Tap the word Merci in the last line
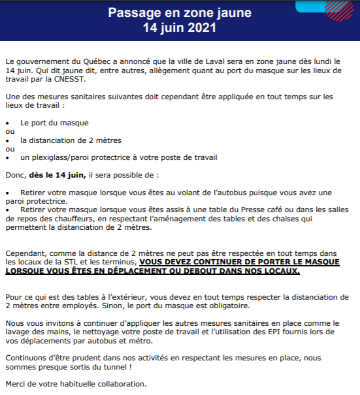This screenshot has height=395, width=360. pyautogui.click(x=14, y=384)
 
